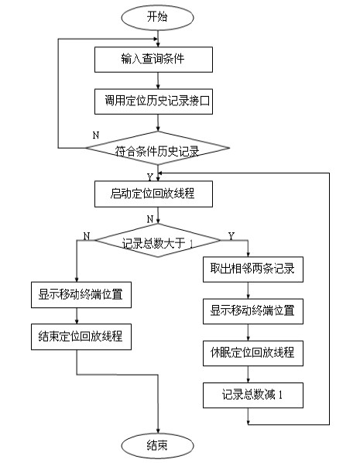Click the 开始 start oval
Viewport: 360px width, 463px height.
(157, 17)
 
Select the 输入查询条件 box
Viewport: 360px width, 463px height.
(153, 60)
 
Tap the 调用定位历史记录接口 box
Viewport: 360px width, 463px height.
(153, 101)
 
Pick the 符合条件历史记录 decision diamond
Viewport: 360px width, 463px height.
(158, 148)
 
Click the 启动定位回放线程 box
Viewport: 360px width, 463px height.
(153, 194)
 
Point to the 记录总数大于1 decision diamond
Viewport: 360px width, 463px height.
(158, 240)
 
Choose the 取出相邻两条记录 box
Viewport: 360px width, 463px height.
(253, 269)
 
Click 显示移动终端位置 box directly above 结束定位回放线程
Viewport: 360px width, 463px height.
(81, 295)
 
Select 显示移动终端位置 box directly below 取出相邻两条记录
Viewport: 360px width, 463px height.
(253, 311)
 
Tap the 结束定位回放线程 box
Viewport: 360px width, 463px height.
(81, 337)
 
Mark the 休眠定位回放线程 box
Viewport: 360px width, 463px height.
(253, 353)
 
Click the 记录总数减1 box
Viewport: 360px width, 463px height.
(253, 396)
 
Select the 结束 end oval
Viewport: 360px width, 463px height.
(157, 446)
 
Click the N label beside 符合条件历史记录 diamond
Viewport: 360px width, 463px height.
(96, 135)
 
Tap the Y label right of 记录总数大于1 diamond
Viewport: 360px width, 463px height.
(231, 236)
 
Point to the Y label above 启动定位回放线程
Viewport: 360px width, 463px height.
(150, 177)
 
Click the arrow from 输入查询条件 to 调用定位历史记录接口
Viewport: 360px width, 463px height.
(158, 81)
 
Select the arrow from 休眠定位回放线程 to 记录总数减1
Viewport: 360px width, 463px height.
(248, 375)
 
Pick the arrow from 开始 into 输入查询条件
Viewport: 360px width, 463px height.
(158, 39)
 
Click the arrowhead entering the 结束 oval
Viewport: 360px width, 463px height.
(158, 431)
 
